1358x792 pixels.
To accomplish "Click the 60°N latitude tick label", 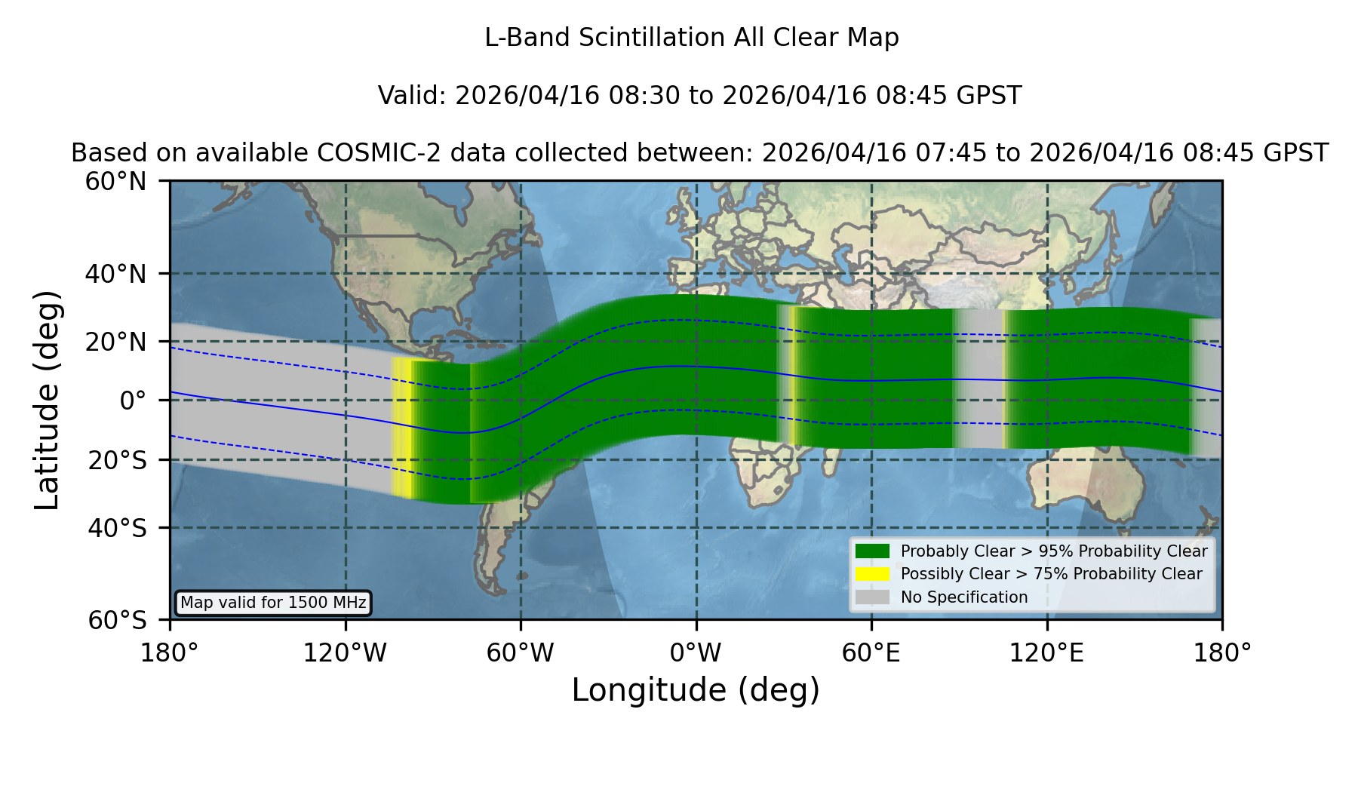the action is (x=115, y=181).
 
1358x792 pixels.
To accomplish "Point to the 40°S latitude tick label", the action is (x=117, y=528).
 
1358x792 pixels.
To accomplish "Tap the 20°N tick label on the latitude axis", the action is (x=115, y=342).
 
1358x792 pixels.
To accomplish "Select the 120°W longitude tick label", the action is (x=345, y=652).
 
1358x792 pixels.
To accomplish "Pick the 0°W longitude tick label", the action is (x=696, y=652).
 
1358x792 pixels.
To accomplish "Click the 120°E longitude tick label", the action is (x=1046, y=652).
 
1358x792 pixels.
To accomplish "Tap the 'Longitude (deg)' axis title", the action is (x=696, y=690).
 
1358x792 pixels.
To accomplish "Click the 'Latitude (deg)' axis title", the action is (x=48, y=400).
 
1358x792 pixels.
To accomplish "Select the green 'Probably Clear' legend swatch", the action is (x=872, y=551).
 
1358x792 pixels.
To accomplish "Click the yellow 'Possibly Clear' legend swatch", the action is (x=872, y=574).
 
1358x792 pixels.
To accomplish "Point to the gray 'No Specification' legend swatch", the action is (x=872, y=597).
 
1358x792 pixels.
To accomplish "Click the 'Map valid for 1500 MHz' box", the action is (x=273, y=603).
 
